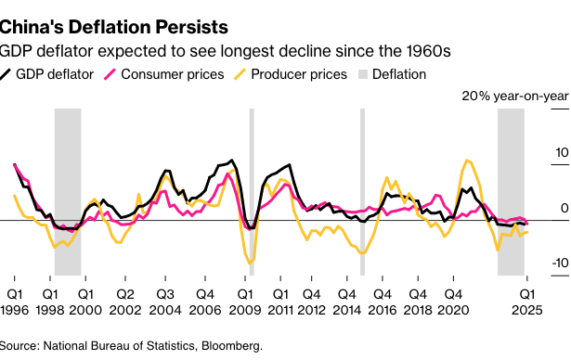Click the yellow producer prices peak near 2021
pos(467,161)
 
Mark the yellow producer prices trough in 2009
pos(249,264)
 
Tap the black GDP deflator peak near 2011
pos(291,166)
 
